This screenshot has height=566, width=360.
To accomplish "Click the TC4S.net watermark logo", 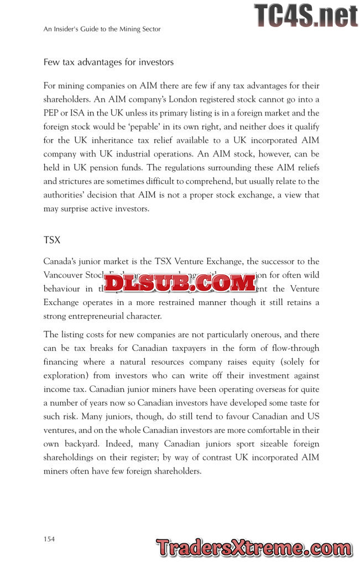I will point(306,15).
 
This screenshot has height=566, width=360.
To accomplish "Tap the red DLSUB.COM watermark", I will point(180,283).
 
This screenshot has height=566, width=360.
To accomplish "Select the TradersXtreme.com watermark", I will point(254,548).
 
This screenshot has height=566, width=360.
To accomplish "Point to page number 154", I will point(49,539).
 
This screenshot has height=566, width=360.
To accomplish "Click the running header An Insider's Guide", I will point(102,29).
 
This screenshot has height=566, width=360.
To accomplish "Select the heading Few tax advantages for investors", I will point(108,62).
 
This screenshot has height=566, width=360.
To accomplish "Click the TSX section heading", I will point(52,240).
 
